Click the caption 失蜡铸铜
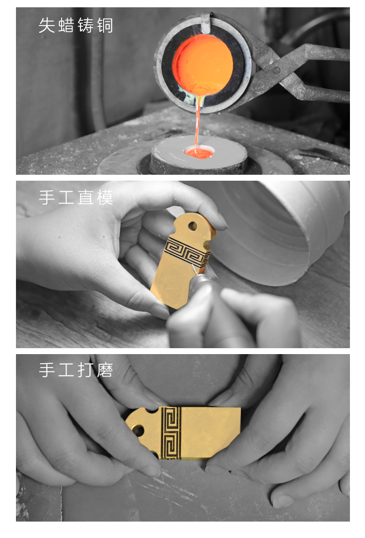[x=76, y=26]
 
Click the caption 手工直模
[x=76, y=198]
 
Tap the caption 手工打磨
[x=76, y=370]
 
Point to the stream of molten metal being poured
[x=198, y=124]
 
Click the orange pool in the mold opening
[x=199, y=152]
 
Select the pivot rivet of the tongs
[x=276, y=71]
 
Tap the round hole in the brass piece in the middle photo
[x=193, y=226]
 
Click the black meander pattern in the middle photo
[x=187, y=252]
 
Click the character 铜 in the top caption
[x=104, y=26]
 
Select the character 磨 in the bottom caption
[x=104, y=370]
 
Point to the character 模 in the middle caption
[x=104, y=198]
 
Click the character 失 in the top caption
[x=47, y=26]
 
